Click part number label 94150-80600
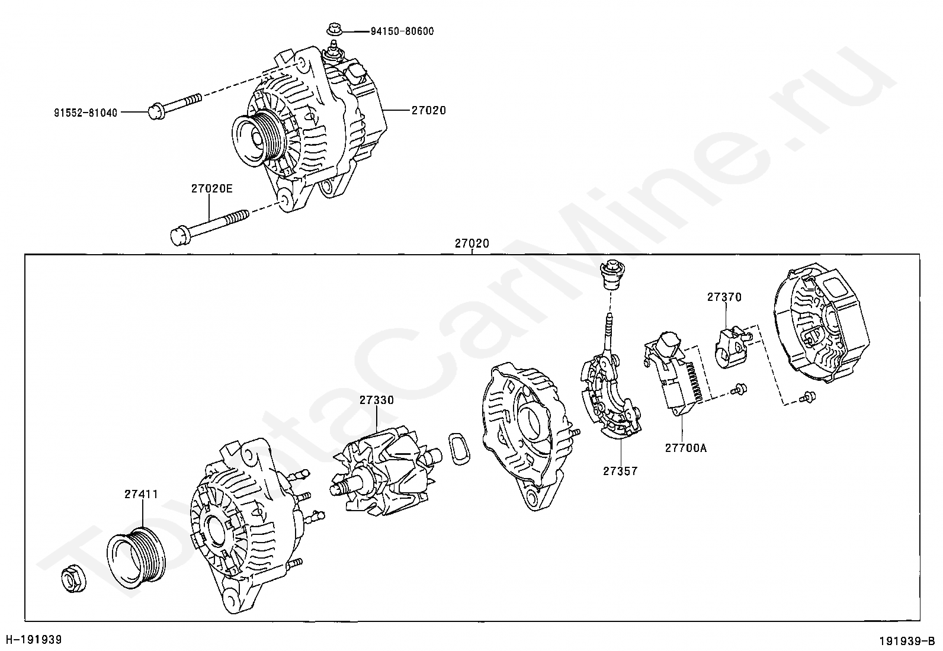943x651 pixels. coord(402,31)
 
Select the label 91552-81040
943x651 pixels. coord(85,112)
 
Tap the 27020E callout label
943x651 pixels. coord(211,189)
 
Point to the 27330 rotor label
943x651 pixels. coord(376,400)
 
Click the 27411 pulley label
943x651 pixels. coord(141,494)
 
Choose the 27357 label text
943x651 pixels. coord(620,471)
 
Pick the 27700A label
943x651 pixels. coord(685,448)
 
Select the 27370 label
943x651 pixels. coord(724,297)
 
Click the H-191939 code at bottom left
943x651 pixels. coord(34,640)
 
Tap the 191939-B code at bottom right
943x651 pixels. coord(906,641)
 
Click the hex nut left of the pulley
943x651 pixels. coord(73,578)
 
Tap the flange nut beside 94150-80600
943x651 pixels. coord(333,29)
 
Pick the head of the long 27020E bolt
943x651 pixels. coord(179,236)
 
